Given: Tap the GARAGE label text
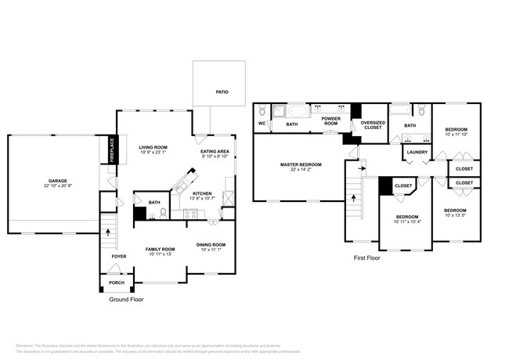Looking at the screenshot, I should coord(57,181).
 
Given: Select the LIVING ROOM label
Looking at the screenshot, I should coord(153,147).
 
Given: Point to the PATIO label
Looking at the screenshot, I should coord(222,92).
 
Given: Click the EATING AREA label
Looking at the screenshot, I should coord(215,151).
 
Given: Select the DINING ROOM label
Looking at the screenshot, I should coord(211,244).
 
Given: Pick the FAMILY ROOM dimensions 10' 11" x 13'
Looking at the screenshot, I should coord(159,254).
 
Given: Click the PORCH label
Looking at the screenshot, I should coord(117,283).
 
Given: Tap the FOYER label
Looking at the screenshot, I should coord(118,256).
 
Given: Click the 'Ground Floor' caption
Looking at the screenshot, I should coord(125,300).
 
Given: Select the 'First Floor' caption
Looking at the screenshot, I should coord(366,257).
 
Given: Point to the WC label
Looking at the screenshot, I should coord(262,124).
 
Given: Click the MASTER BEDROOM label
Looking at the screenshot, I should coord(301,164).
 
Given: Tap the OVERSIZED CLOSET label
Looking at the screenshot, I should coord(372,124).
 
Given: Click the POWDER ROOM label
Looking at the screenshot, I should coord(331,121).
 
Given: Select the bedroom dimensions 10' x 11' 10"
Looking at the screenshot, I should coord(456,135).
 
